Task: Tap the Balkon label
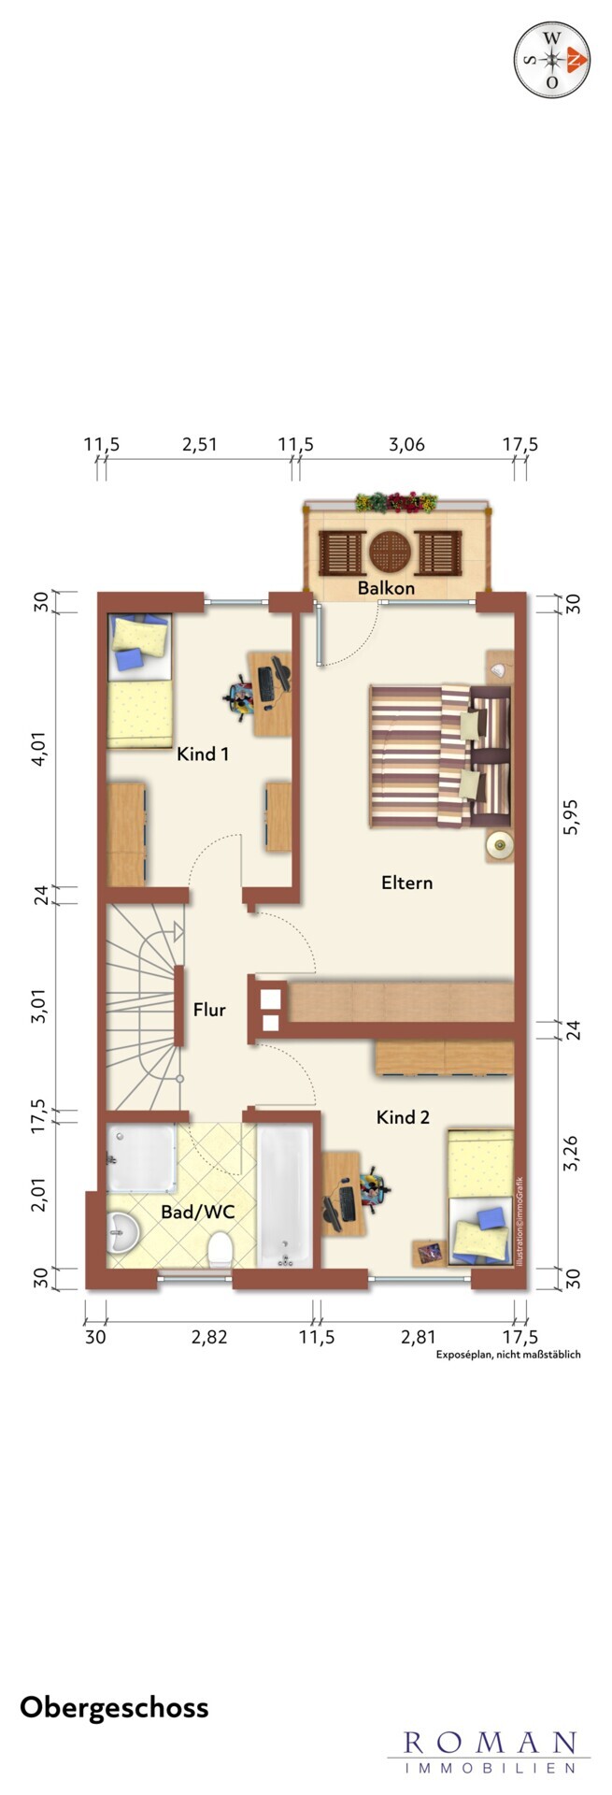tap(386, 588)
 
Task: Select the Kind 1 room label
tap(203, 754)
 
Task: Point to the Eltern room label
tap(406, 882)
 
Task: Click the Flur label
tap(209, 1010)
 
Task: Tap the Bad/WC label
tap(197, 1212)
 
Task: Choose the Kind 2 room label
tap(403, 1116)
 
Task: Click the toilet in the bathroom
tap(221, 1248)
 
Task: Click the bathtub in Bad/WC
tap(285, 1196)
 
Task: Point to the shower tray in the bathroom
tap(141, 1158)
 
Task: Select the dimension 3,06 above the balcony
tap(406, 444)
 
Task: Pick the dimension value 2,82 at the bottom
tap(209, 1337)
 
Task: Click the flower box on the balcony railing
tap(395, 502)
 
